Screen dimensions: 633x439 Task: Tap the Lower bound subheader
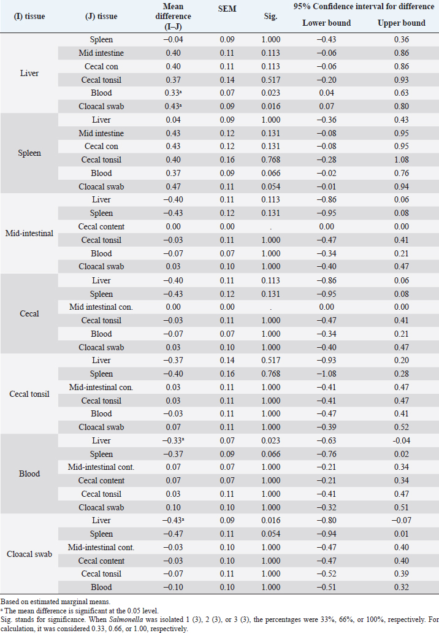pyautogui.click(x=327, y=23)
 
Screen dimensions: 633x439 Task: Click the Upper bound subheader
pyautogui.click(x=402, y=23)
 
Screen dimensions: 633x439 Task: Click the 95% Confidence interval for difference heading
pyautogui.click(x=364, y=7)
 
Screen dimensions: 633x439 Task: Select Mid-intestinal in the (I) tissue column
pyautogui.click(x=29, y=233)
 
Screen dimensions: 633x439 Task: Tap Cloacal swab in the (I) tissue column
pyautogui.click(x=29, y=554)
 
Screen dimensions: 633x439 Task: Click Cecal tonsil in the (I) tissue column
pyautogui.click(x=29, y=394)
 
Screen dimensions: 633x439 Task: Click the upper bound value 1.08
pyautogui.click(x=402, y=160)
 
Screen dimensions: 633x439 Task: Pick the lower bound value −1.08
pyautogui.click(x=327, y=374)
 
